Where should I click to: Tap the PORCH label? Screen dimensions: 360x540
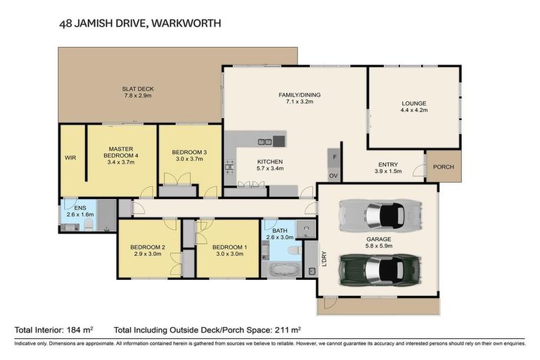tap(443, 167)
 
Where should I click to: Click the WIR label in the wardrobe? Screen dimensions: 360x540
tap(70, 158)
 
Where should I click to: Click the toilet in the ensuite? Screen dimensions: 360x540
tap(89, 225)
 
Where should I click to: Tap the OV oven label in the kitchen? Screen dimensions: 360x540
tap(333, 176)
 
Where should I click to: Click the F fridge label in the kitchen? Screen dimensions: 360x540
tap(335, 157)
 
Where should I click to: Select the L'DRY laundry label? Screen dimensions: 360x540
tap(325, 259)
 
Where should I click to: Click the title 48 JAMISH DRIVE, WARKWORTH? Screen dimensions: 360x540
tap(141, 23)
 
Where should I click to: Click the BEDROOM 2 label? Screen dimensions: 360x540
tap(148, 247)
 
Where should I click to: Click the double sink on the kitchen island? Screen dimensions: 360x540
tap(264, 141)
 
